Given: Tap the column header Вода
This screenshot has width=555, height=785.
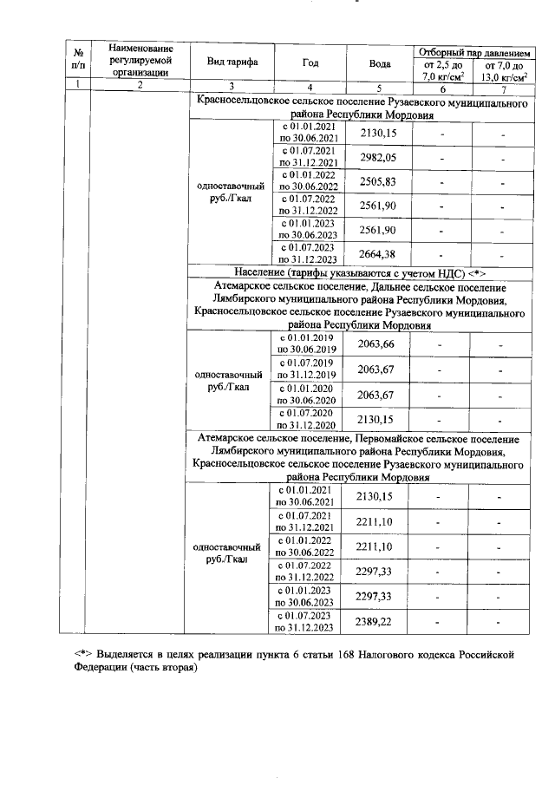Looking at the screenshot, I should (x=379, y=63).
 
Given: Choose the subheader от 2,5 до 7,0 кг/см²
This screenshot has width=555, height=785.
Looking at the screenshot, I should (x=441, y=69).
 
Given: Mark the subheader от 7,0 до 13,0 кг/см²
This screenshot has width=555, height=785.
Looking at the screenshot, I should (x=503, y=69).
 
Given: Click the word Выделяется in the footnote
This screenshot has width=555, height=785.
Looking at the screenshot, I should (x=127, y=653).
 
